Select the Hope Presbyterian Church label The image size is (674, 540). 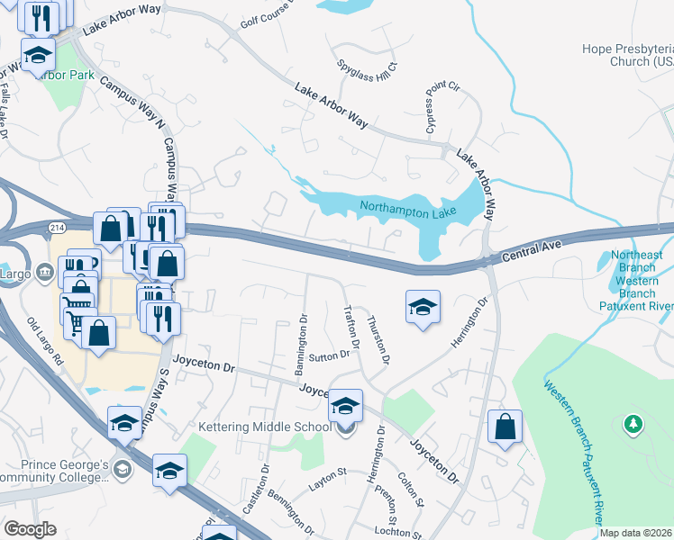coord(627,55)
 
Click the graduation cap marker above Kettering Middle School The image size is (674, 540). coord(344,406)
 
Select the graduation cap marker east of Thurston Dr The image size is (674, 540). coord(423,307)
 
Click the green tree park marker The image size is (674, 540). coord(633,422)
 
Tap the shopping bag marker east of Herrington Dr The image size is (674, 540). coord(505,427)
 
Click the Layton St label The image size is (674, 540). coord(328,472)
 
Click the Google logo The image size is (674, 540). coord(30,529)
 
